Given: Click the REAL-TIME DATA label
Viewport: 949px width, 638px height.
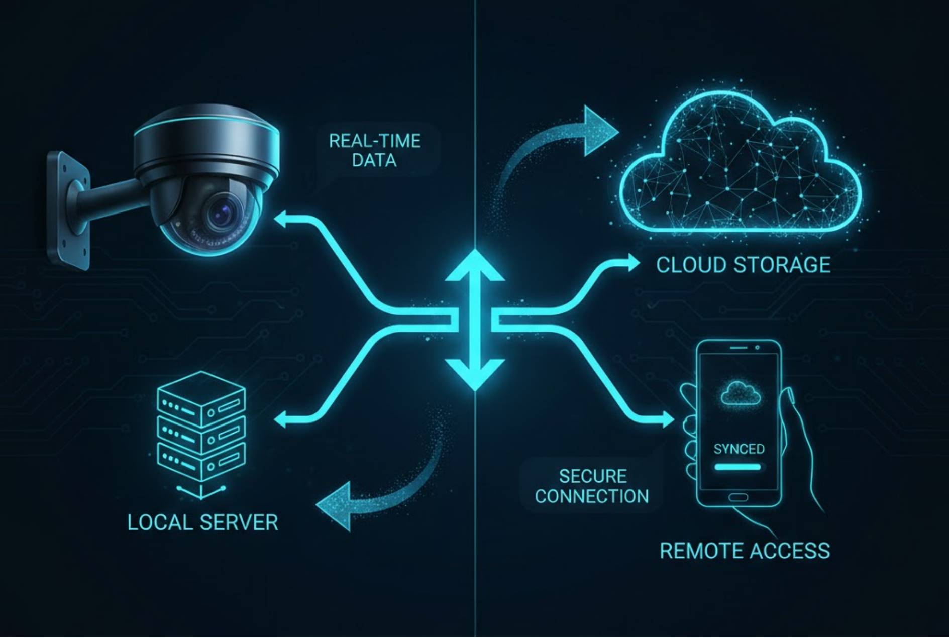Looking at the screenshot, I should [x=374, y=150].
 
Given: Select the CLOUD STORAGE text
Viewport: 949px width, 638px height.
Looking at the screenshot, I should [x=743, y=265].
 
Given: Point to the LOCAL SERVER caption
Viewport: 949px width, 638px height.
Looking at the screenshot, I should [x=202, y=522].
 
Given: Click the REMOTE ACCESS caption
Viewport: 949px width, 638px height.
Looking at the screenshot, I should [x=745, y=551].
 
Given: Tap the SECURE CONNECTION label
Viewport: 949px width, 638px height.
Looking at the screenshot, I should [x=592, y=486].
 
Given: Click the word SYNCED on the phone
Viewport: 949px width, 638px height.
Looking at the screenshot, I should [x=739, y=449].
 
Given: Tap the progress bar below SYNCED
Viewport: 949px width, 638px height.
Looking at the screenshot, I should [x=738, y=467].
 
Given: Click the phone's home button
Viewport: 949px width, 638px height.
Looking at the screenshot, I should [x=738, y=498].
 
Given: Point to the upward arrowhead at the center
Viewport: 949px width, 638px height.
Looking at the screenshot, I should [x=474, y=266].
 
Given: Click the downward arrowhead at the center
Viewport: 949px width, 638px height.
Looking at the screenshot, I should [x=474, y=374].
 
